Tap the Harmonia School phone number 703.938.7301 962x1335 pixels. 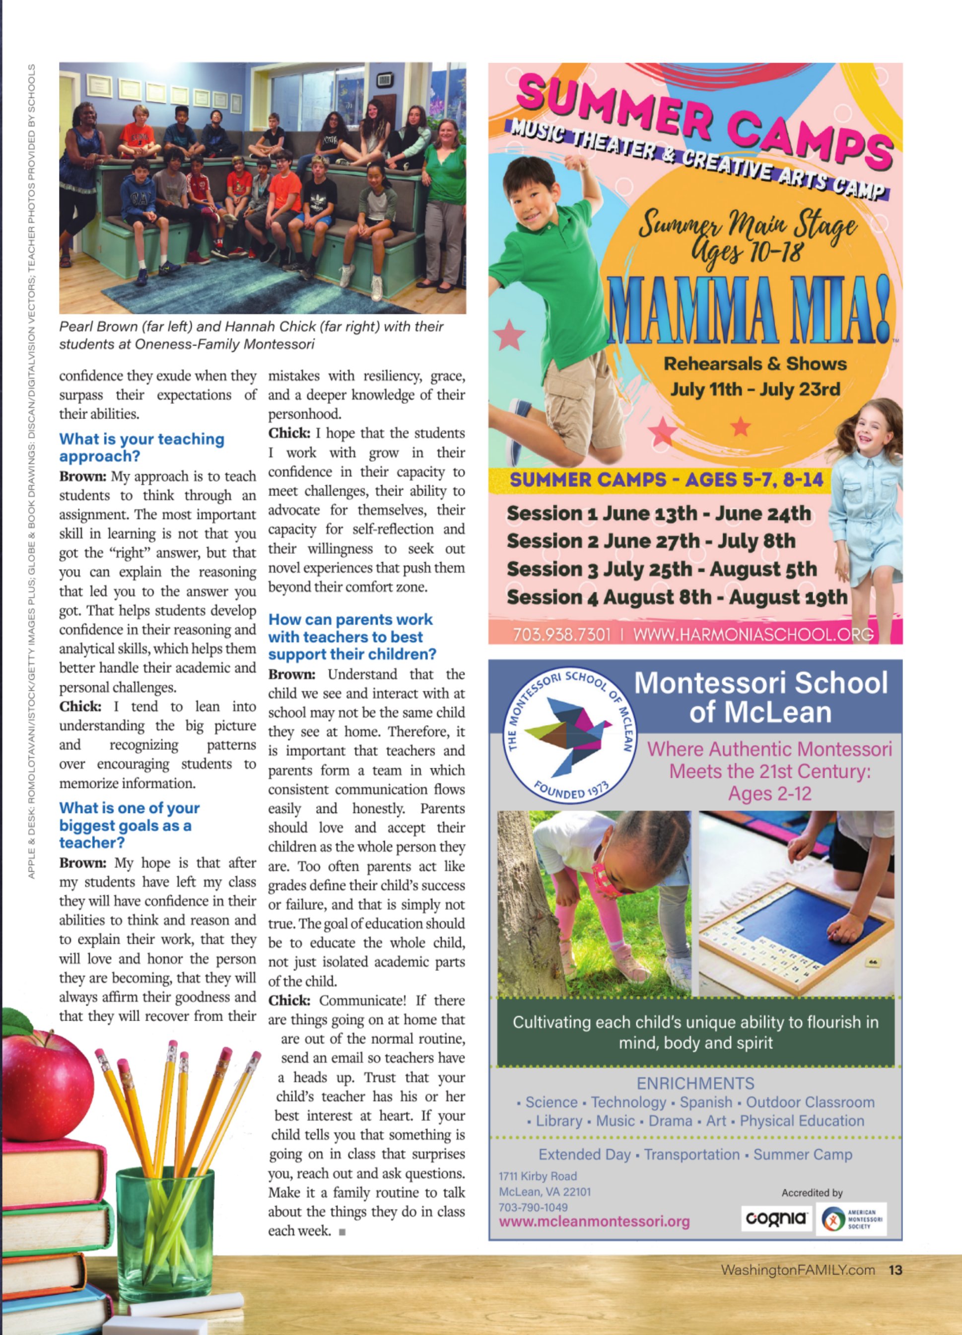(x=561, y=634)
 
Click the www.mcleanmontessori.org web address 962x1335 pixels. (x=594, y=1221)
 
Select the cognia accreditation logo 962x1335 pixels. (x=775, y=1218)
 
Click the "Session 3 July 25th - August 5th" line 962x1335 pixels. (x=661, y=569)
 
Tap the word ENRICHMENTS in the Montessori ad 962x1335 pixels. (x=695, y=1084)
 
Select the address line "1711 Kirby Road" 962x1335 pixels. (x=538, y=1176)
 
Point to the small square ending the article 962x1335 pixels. (x=343, y=1231)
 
